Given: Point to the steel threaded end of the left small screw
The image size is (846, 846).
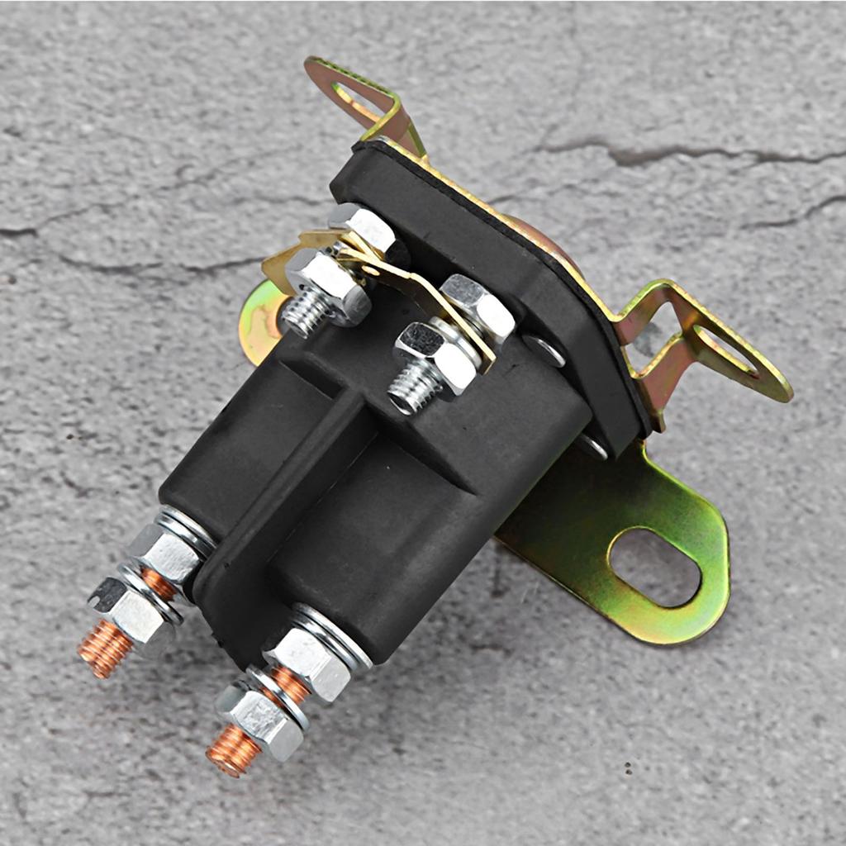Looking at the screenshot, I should [306, 314].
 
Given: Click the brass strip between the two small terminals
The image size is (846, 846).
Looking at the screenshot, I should [413, 289].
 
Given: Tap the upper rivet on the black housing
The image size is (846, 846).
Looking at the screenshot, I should [545, 350].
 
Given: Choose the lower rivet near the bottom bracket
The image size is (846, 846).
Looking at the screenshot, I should [593, 447].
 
